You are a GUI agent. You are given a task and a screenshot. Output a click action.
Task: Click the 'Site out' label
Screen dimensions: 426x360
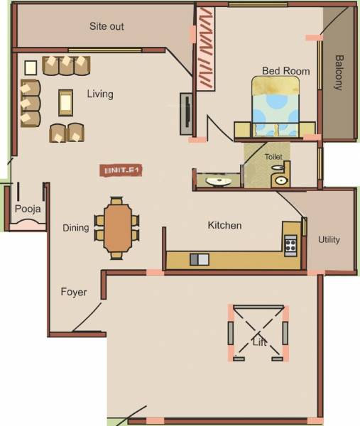pyautogui.click(x=107, y=26)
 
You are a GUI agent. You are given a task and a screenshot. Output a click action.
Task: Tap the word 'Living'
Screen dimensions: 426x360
pyautogui.click(x=100, y=94)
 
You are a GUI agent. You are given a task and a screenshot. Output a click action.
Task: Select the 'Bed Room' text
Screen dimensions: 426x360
pyautogui.click(x=285, y=71)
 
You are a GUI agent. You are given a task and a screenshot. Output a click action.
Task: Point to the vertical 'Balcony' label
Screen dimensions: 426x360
pyautogui.click(x=339, y=72)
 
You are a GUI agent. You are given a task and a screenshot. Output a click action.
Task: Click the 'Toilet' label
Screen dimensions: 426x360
pyautogui.click(x=273, y=155)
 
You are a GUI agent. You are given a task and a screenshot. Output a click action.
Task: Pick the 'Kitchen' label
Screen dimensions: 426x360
pyautogui.click(x=224, y=226)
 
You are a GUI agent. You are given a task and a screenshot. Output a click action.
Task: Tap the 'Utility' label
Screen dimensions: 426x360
pyautogui.click(x=329, y=239)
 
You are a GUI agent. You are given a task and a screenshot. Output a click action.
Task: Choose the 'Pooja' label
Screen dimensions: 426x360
pyautogui.click(x=28, y=209)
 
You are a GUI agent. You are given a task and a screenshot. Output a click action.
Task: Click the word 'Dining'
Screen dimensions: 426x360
pyautogui.click(x=75, y=228)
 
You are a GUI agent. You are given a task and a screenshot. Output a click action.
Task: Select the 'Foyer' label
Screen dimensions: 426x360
pyautogui.click(x=73, y=292)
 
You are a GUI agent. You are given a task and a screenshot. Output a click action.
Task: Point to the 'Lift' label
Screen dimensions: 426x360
pyautogui.click(x=260, y=342)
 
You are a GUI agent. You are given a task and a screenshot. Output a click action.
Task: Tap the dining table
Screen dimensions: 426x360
pyautogui.click(x=117, y=228)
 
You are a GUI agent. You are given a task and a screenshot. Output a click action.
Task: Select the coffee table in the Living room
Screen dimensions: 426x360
pyautogui.click(x=66, y=103)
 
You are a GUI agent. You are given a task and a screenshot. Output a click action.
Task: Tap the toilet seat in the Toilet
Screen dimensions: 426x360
pyautogui.click(x=280, y=177)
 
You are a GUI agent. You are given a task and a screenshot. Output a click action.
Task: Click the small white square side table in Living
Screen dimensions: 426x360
pyautogui.click(x=31, y=67)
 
